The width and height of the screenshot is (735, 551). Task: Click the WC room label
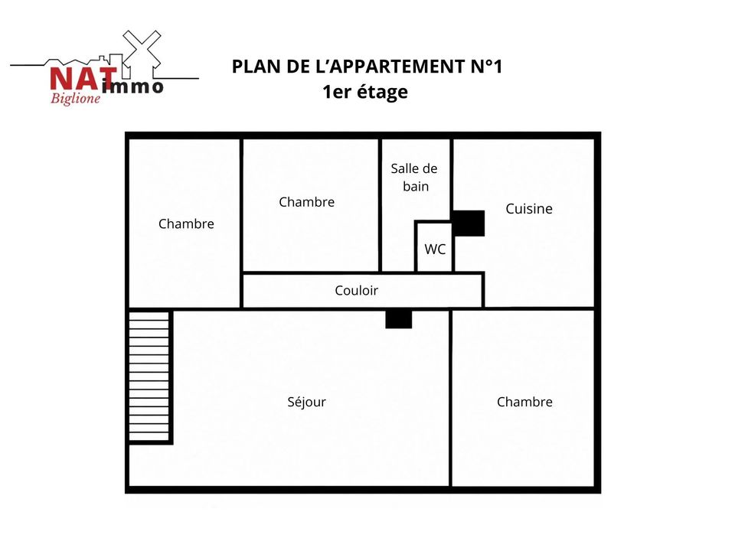pos(435,249)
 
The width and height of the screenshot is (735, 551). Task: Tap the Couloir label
pos(356,291)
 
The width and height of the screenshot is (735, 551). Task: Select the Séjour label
pos(306,402)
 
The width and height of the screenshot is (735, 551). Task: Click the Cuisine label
pos(529,208)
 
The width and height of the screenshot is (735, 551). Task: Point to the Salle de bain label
pos(414,177)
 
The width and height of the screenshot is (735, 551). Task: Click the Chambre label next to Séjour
pos(524,402)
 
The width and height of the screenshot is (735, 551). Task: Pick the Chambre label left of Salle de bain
pos(306,202)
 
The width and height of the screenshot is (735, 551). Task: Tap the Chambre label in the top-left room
pos(186,223)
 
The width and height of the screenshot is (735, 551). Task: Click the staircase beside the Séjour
pos(149,377)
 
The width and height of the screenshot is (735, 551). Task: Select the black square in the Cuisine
pos(469,223)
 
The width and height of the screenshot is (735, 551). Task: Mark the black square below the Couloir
pos(398,319)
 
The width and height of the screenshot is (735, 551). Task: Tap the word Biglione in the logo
pos(76,99)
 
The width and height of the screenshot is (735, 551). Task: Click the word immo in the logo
pos(132,86)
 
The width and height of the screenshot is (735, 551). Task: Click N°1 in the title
pos(487,67)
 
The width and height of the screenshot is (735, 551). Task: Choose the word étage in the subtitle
pos(383,93)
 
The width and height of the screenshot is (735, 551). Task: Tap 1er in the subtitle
pos(337,92)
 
